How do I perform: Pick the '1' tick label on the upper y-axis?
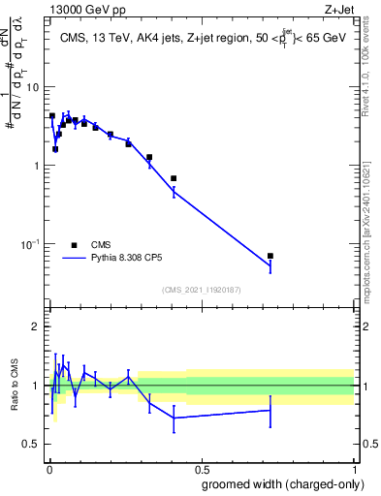point(37,166)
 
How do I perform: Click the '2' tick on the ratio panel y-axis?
point(37,327)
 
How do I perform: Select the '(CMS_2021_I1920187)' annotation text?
point(200,290)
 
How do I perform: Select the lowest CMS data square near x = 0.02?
point(55,149)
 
